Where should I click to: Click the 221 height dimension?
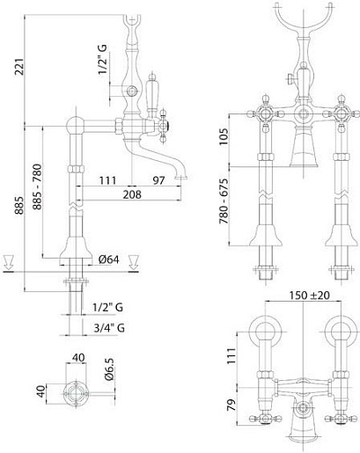coord(20,67)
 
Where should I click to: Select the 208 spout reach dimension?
coord(132,194)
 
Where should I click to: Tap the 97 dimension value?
coord(158,180)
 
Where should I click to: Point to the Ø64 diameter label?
coord(109,259)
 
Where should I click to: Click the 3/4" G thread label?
coord(109,327)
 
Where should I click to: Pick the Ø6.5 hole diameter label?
coord(109,369)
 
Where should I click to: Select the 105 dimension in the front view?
coord(224,136)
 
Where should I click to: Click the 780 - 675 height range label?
coord(224,201)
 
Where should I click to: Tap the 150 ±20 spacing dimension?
coord(309,296)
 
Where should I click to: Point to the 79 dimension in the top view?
coord(231,405)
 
